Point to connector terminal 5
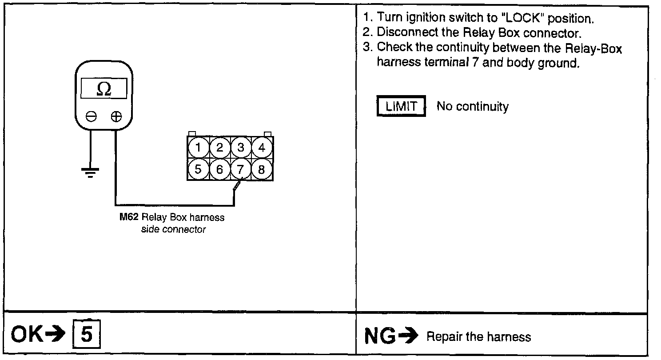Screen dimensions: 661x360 [x=198, y=169]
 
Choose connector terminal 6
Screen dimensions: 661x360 [x=219, y=169]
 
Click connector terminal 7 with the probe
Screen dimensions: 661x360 [x=241, y=169]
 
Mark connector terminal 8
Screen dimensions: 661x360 [x=262, y=169]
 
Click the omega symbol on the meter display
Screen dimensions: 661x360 [x=104, y=89]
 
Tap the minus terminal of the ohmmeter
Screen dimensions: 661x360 [x=91, y=117]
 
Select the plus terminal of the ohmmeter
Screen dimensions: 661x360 [x=116, y=117]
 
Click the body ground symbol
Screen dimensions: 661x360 [x=91, y=172]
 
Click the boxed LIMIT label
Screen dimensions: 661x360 [x=401, y=107]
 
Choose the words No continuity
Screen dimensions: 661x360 [x=473, y=107]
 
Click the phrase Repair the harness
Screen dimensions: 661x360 [x=478, y=337]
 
